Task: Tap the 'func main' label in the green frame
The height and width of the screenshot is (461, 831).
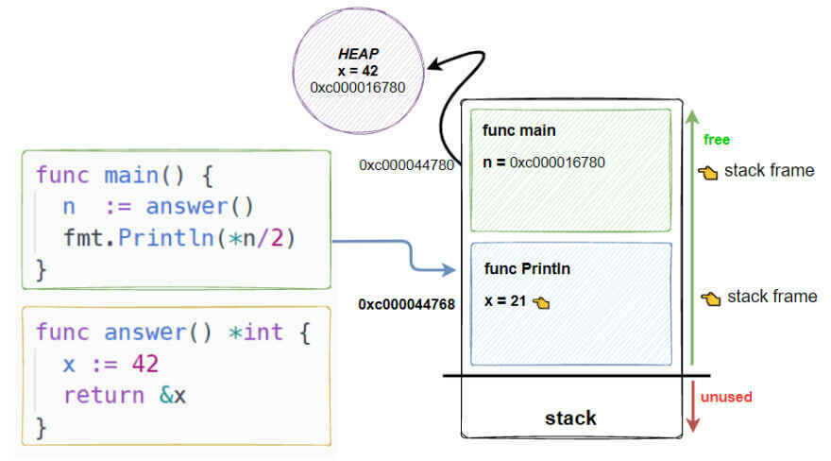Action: tap(518, 129)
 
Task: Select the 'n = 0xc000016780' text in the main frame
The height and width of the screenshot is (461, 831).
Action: tap(543, 162)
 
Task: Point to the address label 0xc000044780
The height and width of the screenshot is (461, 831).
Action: tap(406, 164)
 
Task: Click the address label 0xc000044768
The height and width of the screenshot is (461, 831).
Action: tap(406, 304)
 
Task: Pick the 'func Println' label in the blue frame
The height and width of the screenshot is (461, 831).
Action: tap(527, 268)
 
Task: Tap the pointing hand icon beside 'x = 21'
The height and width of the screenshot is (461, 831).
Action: tap(541, 302)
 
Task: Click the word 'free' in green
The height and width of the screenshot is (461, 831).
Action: tap(718, 139)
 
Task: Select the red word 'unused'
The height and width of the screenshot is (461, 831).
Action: tap(726, 396)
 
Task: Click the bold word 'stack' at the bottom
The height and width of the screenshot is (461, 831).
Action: tap(570, 417)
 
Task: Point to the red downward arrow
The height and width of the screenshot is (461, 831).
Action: tap(694, 406)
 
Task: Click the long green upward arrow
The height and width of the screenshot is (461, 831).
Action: tap(693, 236)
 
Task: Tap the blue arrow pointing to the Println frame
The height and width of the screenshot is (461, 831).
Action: tap(397, 251)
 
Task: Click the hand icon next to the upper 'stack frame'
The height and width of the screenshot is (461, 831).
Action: tap(708, 172)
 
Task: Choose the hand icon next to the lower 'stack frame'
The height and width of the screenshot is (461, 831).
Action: tap(711, 298)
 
